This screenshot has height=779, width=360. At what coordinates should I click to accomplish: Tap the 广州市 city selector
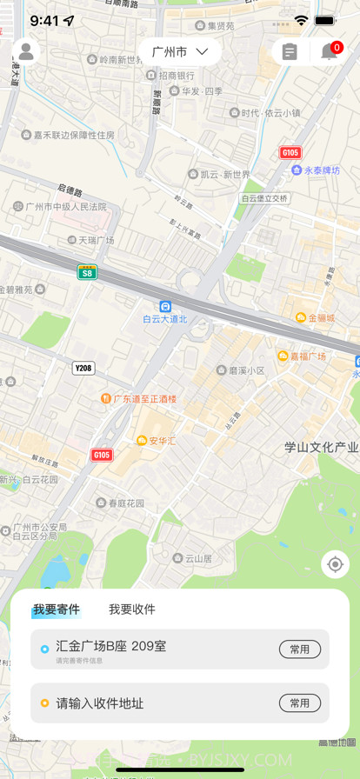[x=180, y=52]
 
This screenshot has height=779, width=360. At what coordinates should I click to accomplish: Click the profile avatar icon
[x=26, y=52]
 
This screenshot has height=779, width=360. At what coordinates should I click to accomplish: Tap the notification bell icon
[x=330, y=52]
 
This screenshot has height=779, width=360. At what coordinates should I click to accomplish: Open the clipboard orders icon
[x=290, y=52]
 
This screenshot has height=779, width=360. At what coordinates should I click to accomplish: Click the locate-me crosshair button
[x=335, y=564]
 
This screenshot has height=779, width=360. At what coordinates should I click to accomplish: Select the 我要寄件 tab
[x=57, y=609]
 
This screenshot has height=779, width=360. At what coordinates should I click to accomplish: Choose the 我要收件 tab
[x=132, y=609]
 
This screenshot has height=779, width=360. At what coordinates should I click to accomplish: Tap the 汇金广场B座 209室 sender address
[x=111, y=646]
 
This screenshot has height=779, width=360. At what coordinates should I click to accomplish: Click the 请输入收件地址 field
[x=100, y=703]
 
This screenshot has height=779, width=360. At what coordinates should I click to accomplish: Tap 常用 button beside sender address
[x=299, y=649]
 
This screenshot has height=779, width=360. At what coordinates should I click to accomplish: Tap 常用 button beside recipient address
[x=299, y=703]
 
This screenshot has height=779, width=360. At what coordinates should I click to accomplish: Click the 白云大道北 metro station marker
[x=165, y=307]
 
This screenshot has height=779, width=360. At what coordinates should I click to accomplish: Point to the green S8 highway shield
[x=87, y=272]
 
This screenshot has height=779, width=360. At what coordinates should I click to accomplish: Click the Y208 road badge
[x=83, y=368]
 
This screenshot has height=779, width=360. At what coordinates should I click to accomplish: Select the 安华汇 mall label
[x=157, y=441]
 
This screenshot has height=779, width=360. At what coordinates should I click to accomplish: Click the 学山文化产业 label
[x=321, y=448]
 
